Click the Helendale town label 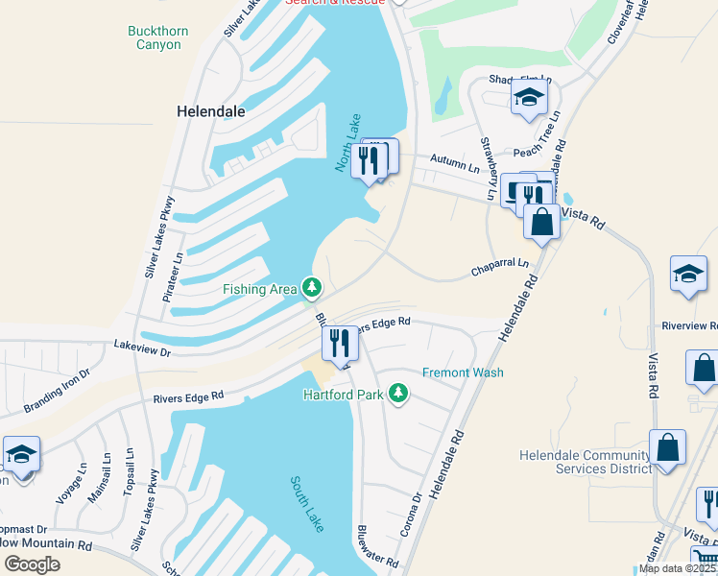[211, 111]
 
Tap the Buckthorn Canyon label [158, 37]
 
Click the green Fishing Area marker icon [311, 287]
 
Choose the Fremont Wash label [463, 372]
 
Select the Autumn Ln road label [455, 162]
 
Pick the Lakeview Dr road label [142, 349]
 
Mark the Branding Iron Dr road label [57, 391]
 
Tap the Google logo [32, 564]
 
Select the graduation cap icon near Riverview [688, 274]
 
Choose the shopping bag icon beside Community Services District [667, 447]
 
